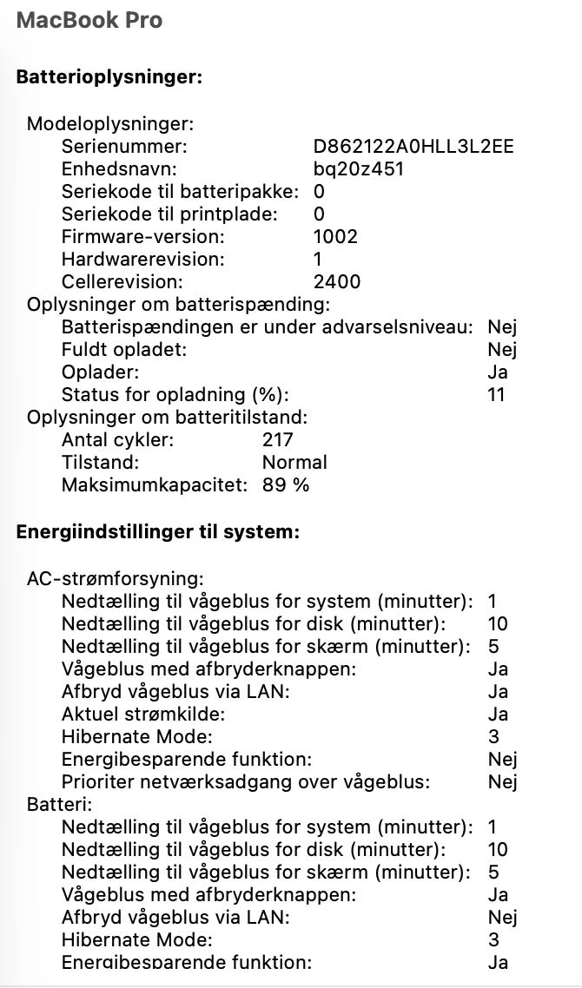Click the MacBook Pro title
[x=89, y=20]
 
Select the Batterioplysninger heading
[x=109, y=77]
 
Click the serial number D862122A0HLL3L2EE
[x=413, y=146]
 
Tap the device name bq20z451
[x=359, y=168]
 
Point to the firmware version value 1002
[x=335, y=236]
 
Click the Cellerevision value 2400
[x=337, y=281]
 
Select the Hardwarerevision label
[x=142, y=259]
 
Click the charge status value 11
[x=497, y=394]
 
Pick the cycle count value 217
[x=278, y=439]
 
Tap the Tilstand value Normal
[x=294, y=462]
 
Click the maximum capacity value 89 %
[x=286, y=484]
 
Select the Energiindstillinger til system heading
[x=158, y=532]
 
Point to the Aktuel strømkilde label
[x=143, y=714]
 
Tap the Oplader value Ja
[x=498, y=372]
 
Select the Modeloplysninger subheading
[x=110, y=123]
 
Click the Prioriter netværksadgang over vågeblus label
[x=246, y=781]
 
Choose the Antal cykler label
[x=117, y=439]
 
